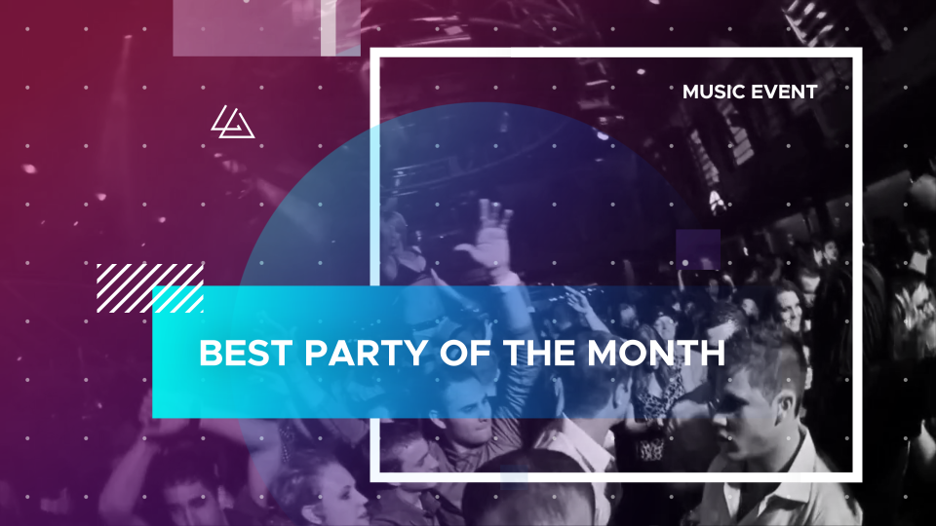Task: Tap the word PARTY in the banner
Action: (x=367, y=353)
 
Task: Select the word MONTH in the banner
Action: (x=656, y=353)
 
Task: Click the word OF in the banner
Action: (x=466, y=353)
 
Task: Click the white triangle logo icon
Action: (x=233, y=123)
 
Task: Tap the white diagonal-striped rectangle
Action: (x=150, y=288)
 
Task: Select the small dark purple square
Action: (x=698, y=249)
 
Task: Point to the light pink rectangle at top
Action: (x=267, y=28)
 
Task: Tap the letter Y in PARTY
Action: (x=417, y=353)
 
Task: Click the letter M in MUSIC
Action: (x=692, y=92)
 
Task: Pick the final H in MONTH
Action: (x=713, y=353)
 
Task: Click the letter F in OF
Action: (x=482, y=353)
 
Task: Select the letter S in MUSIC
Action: (x=724, y=92)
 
